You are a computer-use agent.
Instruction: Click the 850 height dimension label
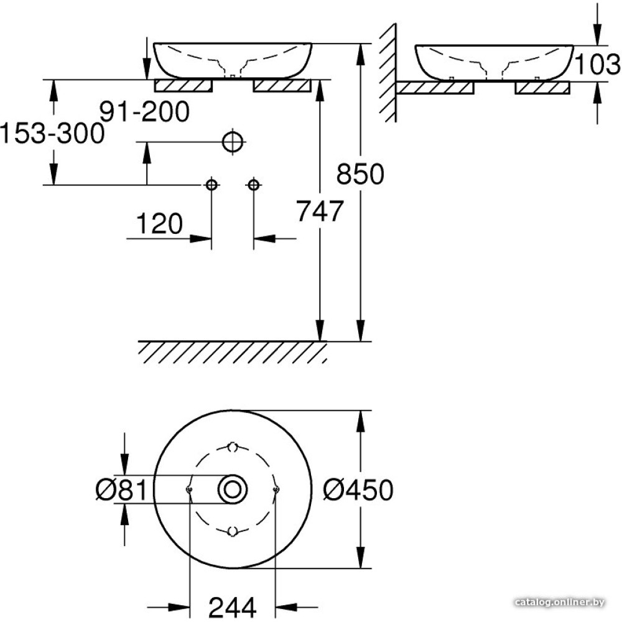click(360, 174)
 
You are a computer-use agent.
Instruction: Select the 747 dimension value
click(320, 211)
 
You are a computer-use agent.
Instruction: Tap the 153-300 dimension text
click(52, 133)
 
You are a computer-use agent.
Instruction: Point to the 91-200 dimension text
click(144, 112)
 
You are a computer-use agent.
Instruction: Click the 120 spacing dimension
click(159, 223)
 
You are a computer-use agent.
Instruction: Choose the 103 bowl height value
click(597, 64)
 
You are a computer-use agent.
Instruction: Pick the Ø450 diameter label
click(358, 490)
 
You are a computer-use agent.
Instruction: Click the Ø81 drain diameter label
click(121, 490)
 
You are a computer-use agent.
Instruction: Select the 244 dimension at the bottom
click(233, 607)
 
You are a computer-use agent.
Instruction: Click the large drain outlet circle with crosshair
click(233, 141)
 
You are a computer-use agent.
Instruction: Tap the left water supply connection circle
click(211, 185)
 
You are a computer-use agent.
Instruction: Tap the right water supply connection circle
click(254, 185)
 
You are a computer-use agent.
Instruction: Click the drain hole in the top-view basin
click(233, 489)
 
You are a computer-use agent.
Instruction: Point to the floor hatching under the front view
click(233, 353)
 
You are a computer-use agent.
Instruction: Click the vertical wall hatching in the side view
click(388, 73)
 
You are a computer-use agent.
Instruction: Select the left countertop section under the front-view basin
click(183, 86)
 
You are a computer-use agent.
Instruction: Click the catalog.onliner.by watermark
click(559, 603)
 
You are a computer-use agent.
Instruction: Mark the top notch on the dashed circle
click(233, 447)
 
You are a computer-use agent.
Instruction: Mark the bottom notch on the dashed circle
click(233, 531)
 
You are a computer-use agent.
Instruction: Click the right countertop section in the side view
click(542, 88)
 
